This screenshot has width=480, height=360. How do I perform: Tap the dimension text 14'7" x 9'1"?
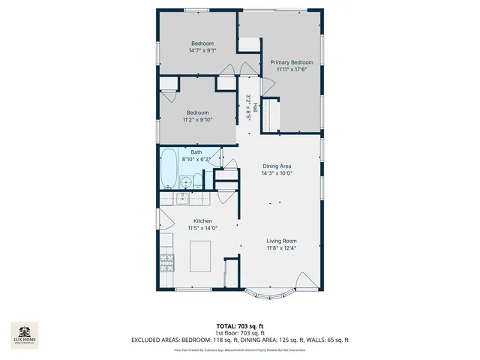pos(202,51)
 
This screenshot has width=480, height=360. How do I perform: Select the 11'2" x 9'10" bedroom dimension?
pos(198,119)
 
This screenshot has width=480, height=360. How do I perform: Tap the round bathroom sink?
pos(186,181)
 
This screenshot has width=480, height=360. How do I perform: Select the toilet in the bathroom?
pos(198,181)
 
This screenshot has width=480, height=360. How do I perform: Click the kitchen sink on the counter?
pos(182,199)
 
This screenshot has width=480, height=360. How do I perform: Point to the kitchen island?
pos(199,256)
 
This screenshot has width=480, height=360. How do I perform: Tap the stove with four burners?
pos(166,263)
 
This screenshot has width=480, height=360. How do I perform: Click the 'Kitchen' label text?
pos(202,221)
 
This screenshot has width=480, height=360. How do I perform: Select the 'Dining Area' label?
pos(277,166)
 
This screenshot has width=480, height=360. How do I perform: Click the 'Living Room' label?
pos(281,241)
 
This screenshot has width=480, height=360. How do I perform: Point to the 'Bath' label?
pos(196,152)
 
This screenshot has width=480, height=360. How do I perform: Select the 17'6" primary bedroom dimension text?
pos(292,69)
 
